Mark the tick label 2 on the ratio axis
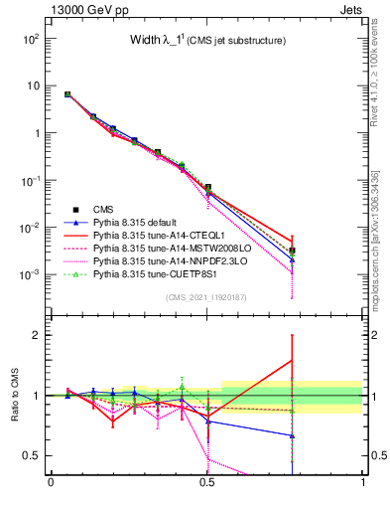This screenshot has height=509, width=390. pyautogui.click(x=38, y=335)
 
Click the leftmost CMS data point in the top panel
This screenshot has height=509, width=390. pyautogui.click(x=67, y=94)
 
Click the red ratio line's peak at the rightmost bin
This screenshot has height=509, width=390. pyautogui.click(x=292, y=360)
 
